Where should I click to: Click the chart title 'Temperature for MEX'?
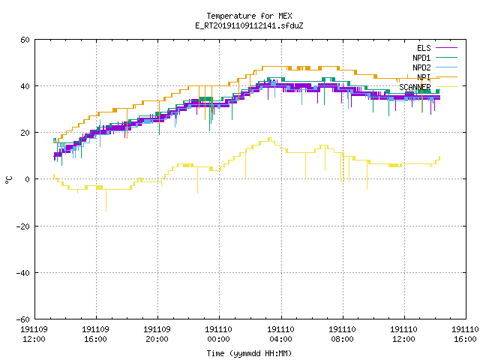tap(249, 16)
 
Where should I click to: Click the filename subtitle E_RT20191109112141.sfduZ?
tap(249, 25)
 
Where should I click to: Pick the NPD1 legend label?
tap(421, 58)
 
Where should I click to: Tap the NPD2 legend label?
tap(421, 67)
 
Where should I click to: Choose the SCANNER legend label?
tap(415, 87)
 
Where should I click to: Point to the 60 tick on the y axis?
tap(25, 40)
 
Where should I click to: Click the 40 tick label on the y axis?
tap(25, 86)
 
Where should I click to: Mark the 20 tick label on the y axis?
tap(25, 133)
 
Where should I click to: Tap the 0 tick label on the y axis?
tap(27, 179)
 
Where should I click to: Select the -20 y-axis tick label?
tap(23, 226)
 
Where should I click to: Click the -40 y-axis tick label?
tap(23, 273)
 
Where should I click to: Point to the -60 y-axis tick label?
tap(23, 319)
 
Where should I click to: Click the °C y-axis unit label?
tap(8, 180)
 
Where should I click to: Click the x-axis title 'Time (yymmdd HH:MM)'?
tap(249, 353)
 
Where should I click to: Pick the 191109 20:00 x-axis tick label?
tap(157, 334)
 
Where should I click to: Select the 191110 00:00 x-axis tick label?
tap(218, 334)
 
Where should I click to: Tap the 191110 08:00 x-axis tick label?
tap(342, 334)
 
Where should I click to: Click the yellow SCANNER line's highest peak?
tap(270, 138)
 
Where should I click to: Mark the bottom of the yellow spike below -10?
tap(106, 211)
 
